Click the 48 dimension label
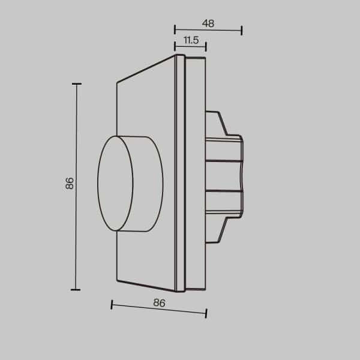point(208,24)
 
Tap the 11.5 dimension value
point(191,40)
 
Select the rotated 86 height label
point(70,184)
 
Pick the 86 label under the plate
point(159,303)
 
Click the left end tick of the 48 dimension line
point(175,30)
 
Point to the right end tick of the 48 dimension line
point(241,30)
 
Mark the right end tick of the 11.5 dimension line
point(206,46)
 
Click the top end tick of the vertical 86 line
point(76,84)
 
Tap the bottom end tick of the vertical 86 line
point(76,289)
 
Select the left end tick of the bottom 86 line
point(112,305)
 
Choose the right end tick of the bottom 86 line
point(206,313)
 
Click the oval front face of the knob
point(115,184)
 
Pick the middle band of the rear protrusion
point(224,176)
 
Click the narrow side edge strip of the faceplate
point(179,174)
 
